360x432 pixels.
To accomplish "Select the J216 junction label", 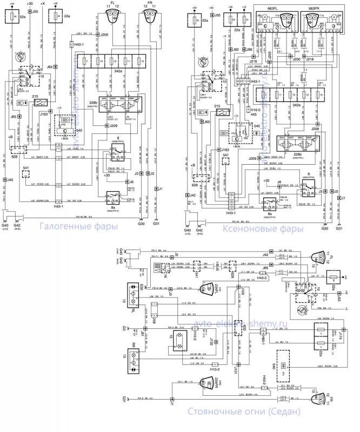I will click(253, 62).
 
